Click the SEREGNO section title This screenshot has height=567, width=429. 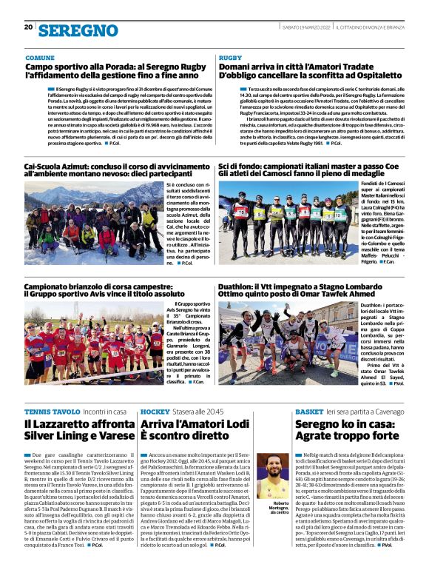pos(78,30)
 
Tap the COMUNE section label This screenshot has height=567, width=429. pos(39,57)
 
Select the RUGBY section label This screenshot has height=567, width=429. pos(230,57)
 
